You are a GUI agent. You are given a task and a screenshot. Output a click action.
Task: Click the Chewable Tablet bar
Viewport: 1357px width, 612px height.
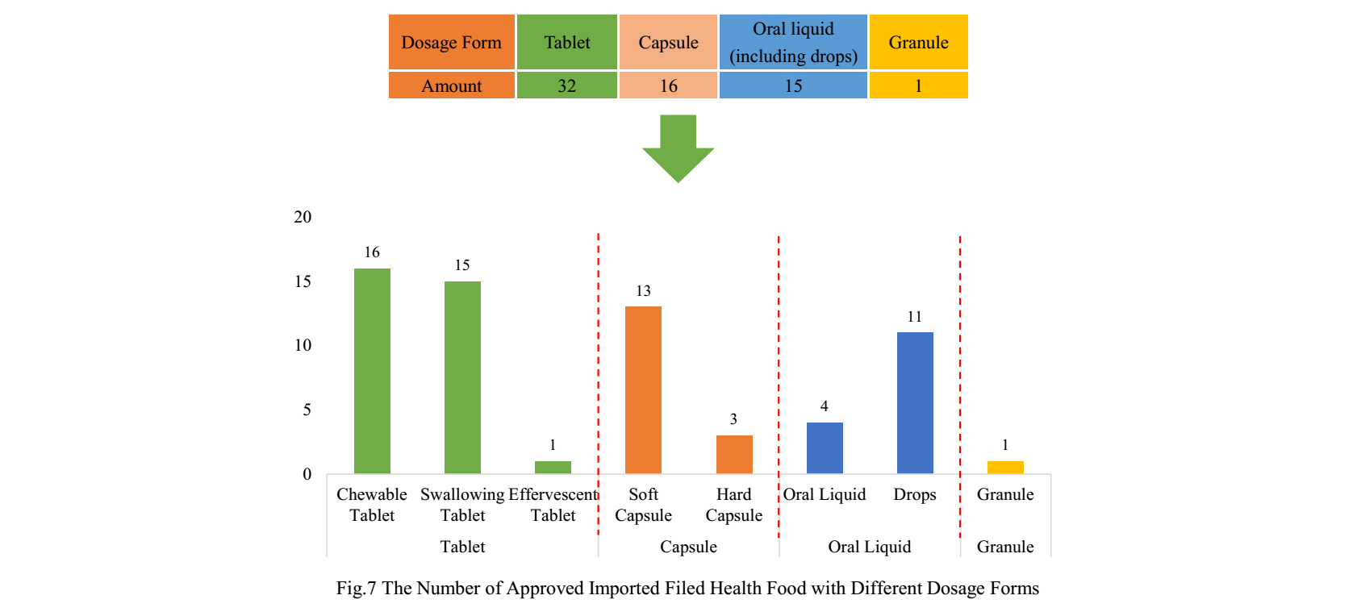(372, 371)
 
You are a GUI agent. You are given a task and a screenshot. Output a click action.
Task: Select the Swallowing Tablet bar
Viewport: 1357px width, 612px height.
(462, 377)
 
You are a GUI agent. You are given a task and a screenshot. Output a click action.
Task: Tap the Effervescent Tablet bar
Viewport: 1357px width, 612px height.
(553, 468)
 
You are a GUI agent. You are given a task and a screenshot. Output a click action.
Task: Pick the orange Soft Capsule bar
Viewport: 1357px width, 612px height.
(643, 389)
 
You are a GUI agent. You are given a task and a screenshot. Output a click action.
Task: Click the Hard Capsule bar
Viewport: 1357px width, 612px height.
(734, 454)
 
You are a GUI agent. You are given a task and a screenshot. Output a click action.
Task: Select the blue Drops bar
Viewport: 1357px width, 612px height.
(915, 402)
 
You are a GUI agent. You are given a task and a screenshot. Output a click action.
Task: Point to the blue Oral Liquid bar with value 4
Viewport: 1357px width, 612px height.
(825, 448)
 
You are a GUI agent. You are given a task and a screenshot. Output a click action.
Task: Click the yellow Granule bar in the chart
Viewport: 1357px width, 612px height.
(1005, 468)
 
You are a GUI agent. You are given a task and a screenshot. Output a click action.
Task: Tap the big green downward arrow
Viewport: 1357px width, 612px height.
(678, 149)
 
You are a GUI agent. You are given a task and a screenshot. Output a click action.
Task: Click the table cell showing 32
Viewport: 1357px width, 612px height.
(567, 85)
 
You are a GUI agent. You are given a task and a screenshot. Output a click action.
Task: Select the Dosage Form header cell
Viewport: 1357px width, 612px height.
(452, 42)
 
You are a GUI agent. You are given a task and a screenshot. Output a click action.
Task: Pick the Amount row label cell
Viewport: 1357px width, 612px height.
(452, 85)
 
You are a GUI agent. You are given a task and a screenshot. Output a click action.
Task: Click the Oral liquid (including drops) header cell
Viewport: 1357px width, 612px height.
(793, 42)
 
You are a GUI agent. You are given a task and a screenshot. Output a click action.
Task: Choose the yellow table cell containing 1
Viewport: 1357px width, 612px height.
(918, 85)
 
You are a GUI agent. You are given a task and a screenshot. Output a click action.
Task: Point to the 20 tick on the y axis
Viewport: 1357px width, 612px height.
(303, 217)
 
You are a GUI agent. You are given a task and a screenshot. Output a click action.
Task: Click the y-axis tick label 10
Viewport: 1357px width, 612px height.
(303, 345)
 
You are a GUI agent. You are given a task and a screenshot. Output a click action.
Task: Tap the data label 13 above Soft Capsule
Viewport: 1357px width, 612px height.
(643, 291)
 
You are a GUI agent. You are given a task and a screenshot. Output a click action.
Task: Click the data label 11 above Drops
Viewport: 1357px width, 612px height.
(914, 317)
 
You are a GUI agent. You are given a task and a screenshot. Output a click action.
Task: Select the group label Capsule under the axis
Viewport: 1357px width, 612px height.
(688, 547)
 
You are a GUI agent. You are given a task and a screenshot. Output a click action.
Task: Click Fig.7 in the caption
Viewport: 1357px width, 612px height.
(356, 589)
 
